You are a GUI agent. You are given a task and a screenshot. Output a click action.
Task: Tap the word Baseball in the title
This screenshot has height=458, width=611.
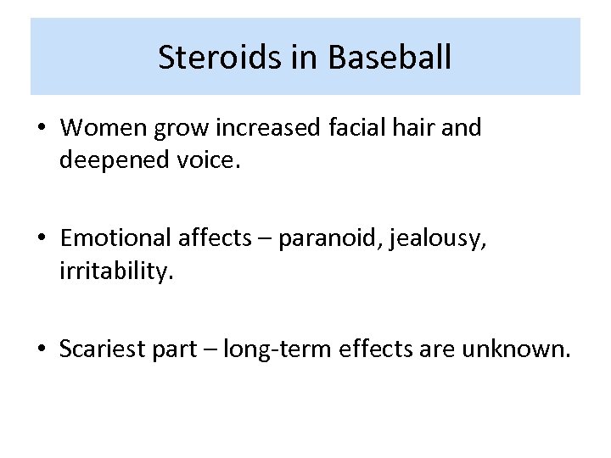tap(388, 57)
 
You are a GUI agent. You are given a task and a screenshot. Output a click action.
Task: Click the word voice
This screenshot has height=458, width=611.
tap(208, 160)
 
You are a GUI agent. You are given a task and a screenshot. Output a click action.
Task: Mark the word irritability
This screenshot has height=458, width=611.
tap(115, 271)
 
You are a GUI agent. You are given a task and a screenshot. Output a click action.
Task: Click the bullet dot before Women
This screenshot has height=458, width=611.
tap(42, 129)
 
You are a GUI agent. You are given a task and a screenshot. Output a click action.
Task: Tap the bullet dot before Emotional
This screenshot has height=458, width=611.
tap(42, 239)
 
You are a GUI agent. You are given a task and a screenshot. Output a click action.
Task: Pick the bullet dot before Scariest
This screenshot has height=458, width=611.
tap(42, 349)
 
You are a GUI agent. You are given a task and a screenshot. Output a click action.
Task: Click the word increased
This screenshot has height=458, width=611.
tap(266, 128)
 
